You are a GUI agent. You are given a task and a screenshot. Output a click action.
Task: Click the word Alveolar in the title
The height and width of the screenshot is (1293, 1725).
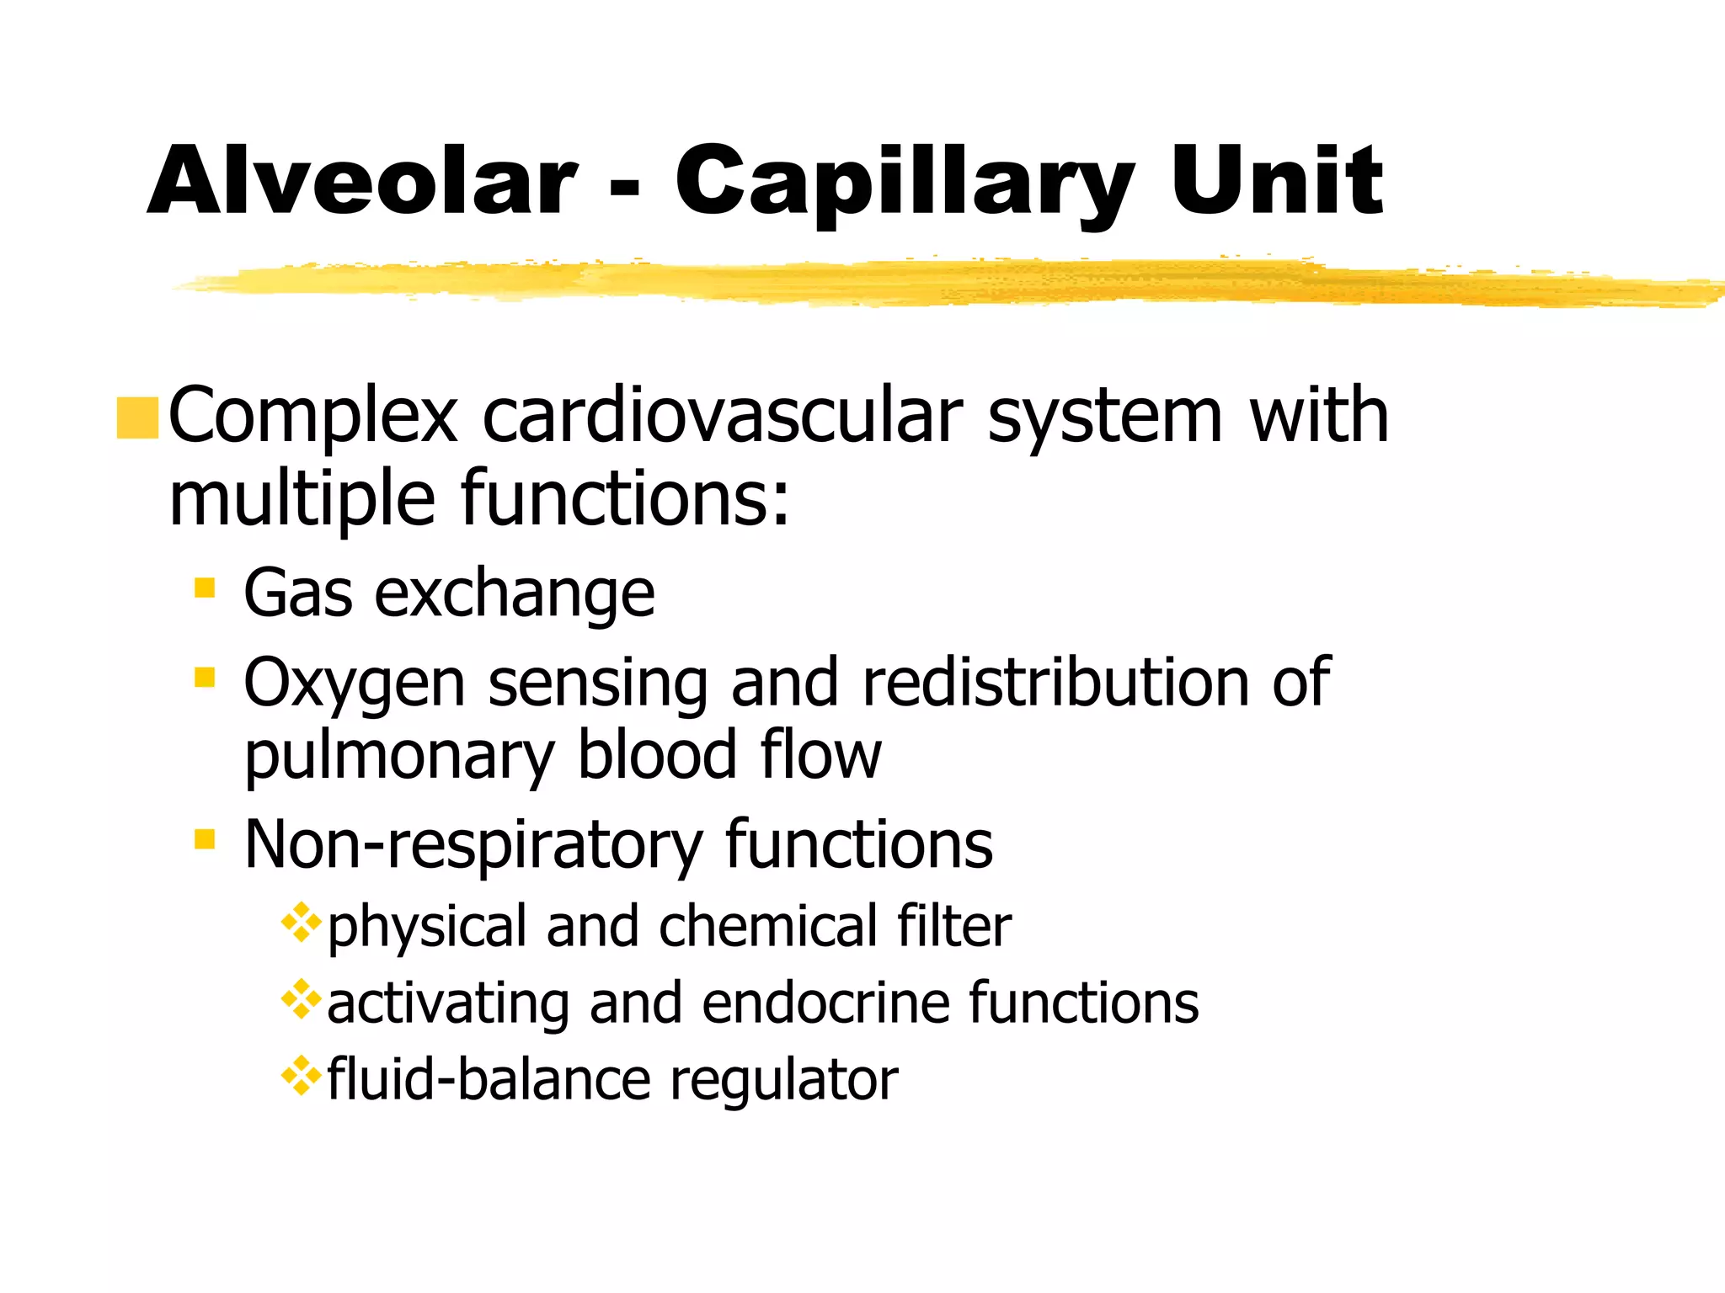[x=362, y=181]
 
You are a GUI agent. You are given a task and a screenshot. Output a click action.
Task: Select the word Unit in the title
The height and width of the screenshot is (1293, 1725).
[x=1276, y=181]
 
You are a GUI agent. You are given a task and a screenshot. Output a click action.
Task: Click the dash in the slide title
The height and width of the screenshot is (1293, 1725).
[x=624, y=189]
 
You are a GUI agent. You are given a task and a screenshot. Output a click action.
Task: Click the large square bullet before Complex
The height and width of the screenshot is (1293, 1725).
[x=137, y=418]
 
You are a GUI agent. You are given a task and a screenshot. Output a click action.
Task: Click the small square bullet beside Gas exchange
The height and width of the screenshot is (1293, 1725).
[x=205, y=587]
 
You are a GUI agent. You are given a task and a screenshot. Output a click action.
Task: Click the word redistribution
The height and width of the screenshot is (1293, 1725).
[x=1056, y=682]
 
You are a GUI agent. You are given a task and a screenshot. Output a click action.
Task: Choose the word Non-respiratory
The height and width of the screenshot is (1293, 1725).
[x=473, y=845]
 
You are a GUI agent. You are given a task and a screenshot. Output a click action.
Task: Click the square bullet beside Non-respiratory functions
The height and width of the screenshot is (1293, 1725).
[x=205, y=838]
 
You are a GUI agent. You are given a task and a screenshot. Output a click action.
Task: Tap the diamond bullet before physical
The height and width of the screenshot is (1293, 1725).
[x=302, y=923]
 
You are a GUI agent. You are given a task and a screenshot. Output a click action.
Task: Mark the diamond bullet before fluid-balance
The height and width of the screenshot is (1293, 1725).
[x=302, y=1077]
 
